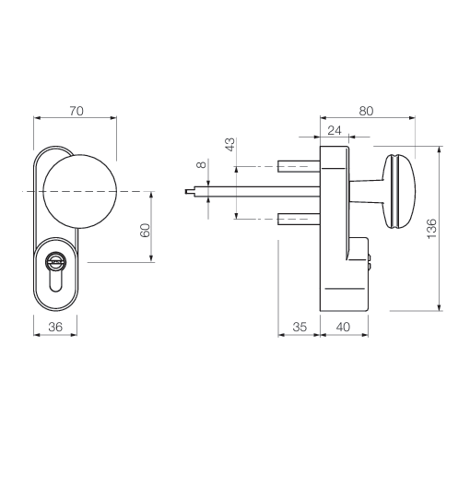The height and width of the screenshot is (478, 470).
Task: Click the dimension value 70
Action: point(76,111)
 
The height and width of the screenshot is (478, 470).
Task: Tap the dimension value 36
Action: point(55,327)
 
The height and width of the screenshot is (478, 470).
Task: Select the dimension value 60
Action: point(145,231)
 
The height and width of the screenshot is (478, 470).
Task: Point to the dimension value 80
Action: point(366,111)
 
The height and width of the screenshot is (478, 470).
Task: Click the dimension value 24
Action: point(335,130)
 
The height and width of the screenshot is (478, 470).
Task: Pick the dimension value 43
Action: point(230,144)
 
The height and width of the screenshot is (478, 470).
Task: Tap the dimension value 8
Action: point(201,164)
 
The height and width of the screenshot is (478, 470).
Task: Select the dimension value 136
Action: point(431,229)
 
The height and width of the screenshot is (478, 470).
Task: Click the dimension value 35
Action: point(300,327)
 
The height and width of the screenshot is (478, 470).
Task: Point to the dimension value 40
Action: point(343,327)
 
